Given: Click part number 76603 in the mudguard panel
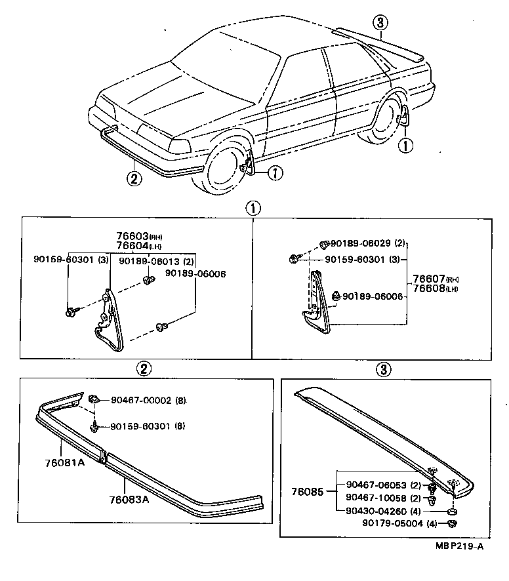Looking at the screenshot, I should tap(131, 236).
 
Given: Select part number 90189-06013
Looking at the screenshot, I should tap(147, 261).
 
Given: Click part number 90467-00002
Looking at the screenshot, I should tap(140, 399).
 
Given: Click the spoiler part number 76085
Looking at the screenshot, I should tap(308, 491).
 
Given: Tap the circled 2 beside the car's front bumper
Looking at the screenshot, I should tap(134, 178).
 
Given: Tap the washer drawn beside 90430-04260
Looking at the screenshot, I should tap(453, 510).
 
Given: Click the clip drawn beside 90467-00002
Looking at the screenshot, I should tap(94, 397).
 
